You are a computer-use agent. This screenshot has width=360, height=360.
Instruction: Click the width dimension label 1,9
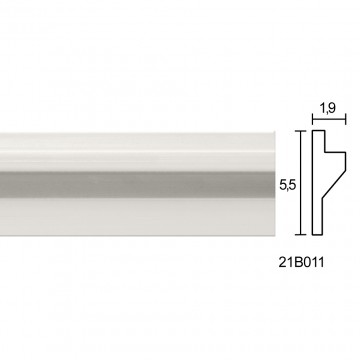pyautogui.click(x=328, y=108)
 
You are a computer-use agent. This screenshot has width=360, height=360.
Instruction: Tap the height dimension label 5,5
pyautogui.click(x=288, y=185)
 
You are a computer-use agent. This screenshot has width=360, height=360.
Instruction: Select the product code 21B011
pyautogui.click(x=301, y=263)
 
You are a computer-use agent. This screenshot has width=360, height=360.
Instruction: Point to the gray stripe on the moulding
pyautogui.click(x=137, y=185)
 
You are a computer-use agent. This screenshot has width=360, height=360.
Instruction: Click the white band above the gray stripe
pyautogui.click(x=137, y=153)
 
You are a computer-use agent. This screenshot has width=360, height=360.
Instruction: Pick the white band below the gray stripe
pyautogui.click(x=137, y=217)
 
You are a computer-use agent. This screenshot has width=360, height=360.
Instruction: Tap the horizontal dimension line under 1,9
pyautogui.click(x=329, y=119)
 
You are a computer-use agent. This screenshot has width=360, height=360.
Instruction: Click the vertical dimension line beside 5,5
pyautogui.click(x=301, y=183)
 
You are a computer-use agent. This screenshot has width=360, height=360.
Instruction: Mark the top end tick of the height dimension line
pyautogui.click(x=301, y=131)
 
